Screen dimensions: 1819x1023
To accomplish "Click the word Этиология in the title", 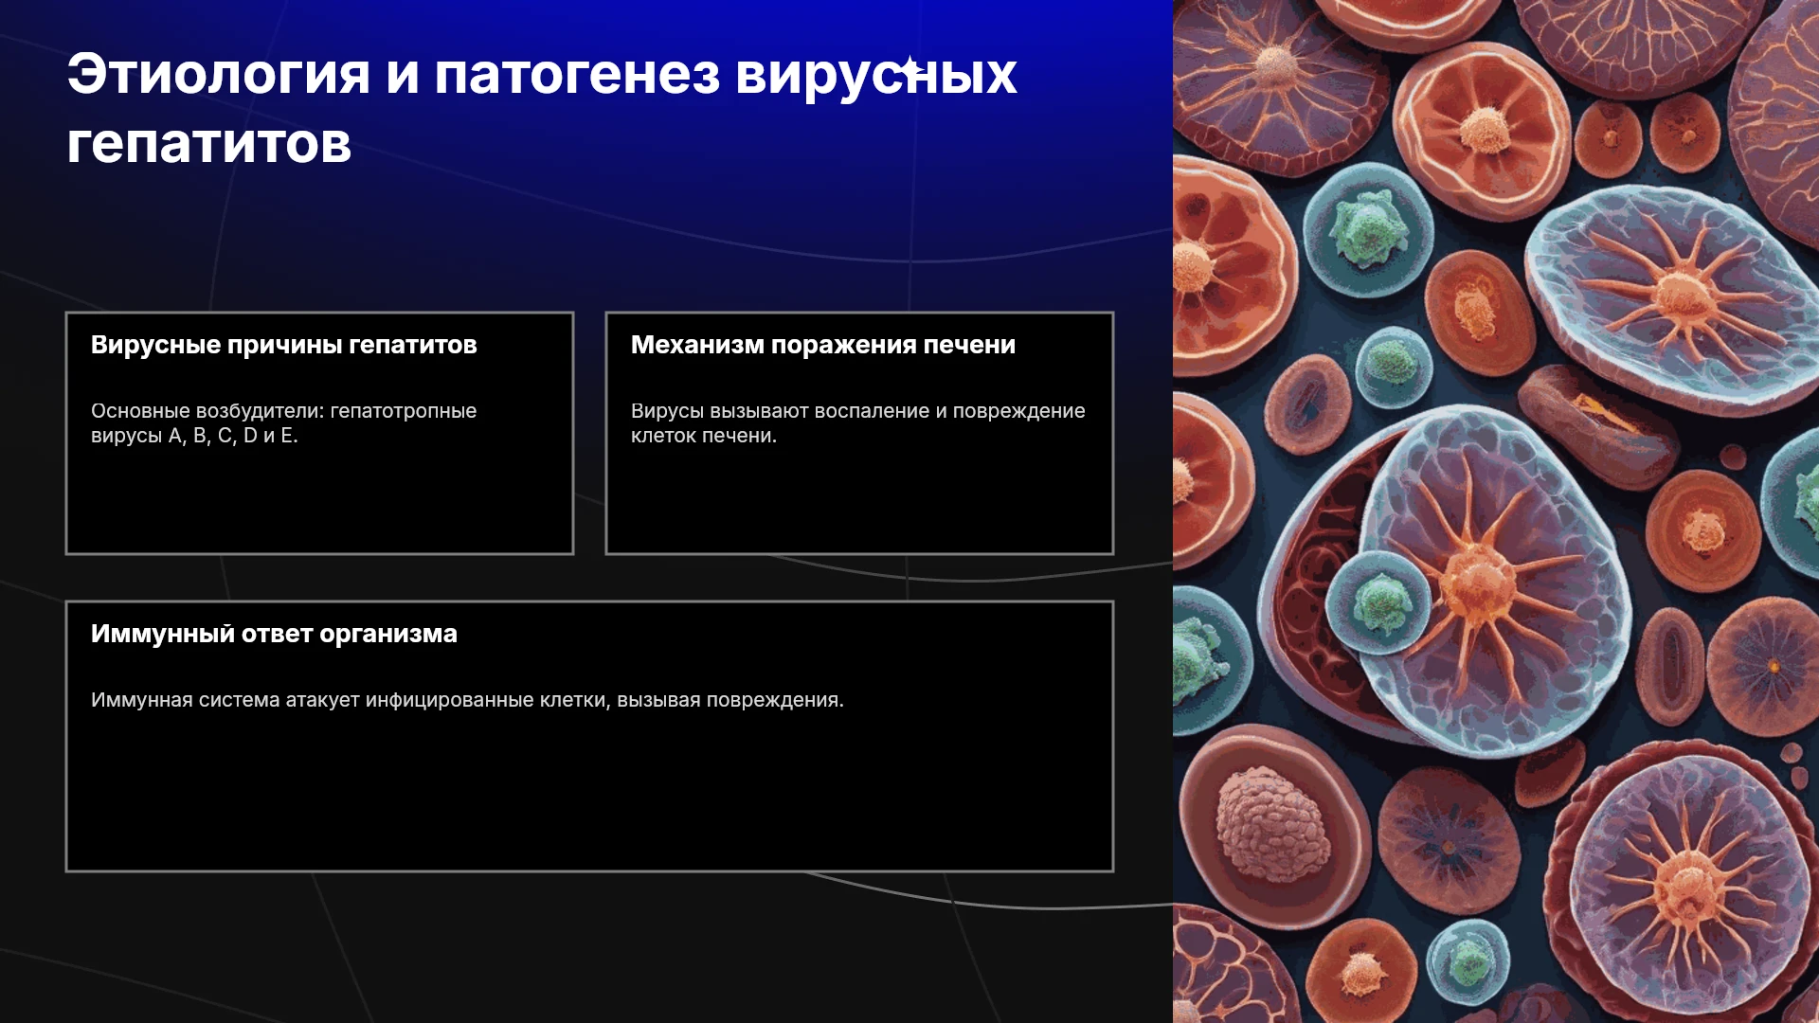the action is (x=219, y=74).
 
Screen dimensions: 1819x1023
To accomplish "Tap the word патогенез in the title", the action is (x=577, y=76).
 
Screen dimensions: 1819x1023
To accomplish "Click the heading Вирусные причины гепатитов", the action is (x=284, y=345).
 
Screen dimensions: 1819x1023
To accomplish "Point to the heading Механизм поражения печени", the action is (x=823, y=345).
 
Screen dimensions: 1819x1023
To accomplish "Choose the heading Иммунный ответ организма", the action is (x=274, y=634).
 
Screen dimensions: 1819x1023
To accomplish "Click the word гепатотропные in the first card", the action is (x=404, y=411).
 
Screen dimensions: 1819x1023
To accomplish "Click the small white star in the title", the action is (x=909, y=68).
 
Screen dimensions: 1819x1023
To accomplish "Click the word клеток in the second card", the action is (x=662, y=436).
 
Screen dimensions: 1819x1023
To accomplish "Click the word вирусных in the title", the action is (x=876, y=76).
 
